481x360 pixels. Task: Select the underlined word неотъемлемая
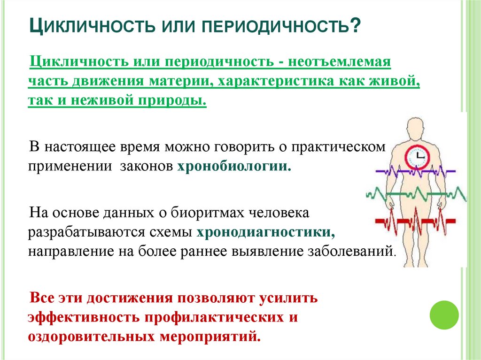(339, 62)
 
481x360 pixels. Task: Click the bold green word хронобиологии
(234, 167)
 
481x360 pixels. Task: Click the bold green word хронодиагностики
(266, 232)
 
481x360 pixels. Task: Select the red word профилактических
(208, 317)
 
